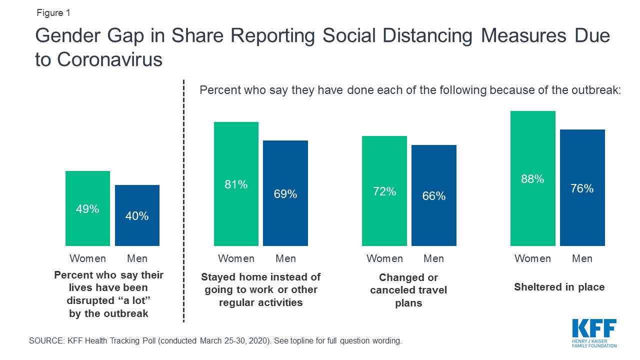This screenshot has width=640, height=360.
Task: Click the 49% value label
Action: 87,209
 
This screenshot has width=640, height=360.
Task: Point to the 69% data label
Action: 285,193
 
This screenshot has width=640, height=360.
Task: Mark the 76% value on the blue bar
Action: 582,188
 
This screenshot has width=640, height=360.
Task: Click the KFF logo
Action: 594,333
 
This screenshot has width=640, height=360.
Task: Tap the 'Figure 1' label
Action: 53,13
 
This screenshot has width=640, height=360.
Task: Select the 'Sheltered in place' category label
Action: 559,287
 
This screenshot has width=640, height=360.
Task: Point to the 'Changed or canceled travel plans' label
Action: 408,290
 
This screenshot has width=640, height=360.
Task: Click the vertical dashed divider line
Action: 184,200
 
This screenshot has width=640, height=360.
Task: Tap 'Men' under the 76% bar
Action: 582,258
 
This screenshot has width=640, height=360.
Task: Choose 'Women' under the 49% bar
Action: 87,258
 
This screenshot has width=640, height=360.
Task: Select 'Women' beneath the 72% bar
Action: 384,258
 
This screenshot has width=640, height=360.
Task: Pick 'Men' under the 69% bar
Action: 285,258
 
